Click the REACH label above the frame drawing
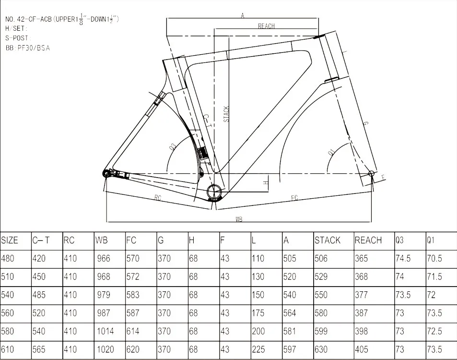tap(266, 26)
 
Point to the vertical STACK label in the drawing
tap(226, 114)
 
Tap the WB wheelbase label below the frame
tap(239, 219)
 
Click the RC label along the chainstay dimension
tap(157, 197)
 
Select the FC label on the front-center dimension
tap(294, 197)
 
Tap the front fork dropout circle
tap(370, 173)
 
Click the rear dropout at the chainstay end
tap(106, 173)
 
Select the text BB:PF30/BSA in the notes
tap(28, 48)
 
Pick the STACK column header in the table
tap(328, 240)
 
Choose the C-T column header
tap(41, 240)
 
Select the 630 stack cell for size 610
tap(321, 350)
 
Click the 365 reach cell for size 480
tap(362, 259)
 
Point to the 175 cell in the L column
tap(258, 313)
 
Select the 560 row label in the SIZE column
tap(8, 313)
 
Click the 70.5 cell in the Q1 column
tap(434, 259)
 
